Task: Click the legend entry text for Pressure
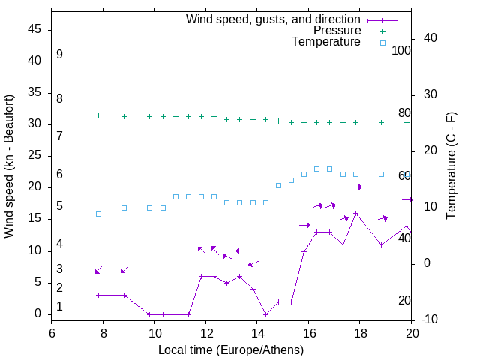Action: click(337, 31)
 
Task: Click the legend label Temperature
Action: click(326, 42)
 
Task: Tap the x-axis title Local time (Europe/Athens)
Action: click(231, 350)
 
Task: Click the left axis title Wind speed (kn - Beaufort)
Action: click(9, 166)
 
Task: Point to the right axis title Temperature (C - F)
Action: click(451, 166)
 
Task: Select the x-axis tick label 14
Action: click(256, 333)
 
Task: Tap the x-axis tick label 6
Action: click(52, 333)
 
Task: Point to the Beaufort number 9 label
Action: click(59, 55)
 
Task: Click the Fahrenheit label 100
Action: click(401, 51)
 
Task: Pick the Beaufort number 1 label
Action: click(59, 307)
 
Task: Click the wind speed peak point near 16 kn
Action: click(355, 213)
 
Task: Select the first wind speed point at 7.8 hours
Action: click(98, 295)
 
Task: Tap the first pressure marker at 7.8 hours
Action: click(98, 115)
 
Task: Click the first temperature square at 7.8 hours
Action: click(98, 214)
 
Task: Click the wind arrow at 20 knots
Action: click(356, 187)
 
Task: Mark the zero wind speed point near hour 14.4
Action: click(265, 314)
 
